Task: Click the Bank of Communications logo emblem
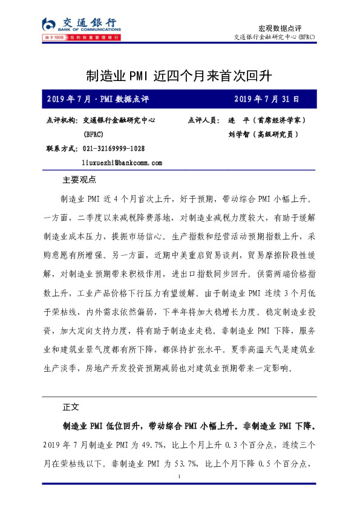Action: point(50,24)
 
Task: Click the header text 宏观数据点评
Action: point(280,28)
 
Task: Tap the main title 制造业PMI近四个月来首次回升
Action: point(180,77)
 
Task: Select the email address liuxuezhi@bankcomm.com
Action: point(122,163)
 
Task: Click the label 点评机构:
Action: point(62,120)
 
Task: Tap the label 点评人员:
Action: point(205,120)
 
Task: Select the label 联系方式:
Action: point(62,149)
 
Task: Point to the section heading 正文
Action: point(71,406)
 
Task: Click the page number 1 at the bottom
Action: point(180,478)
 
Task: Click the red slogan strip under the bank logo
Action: point(79,38)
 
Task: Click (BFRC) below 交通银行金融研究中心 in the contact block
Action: point(94,134)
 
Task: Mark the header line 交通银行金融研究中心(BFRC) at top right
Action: point(274,37)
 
